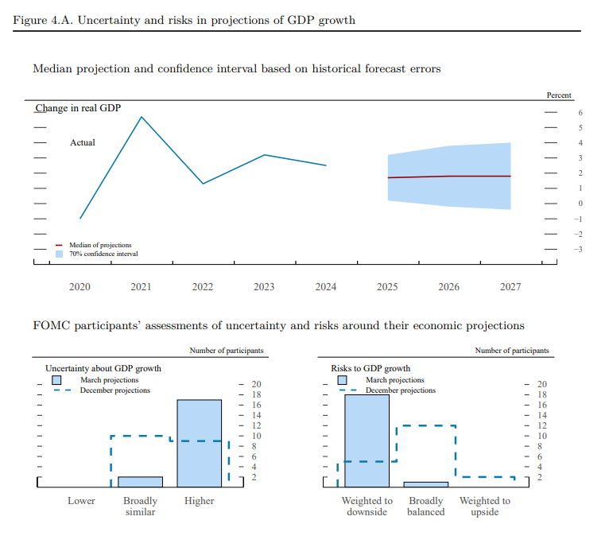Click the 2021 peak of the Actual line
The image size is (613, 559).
(x=141, y=118)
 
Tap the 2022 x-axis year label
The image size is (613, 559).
(x=203, y=287)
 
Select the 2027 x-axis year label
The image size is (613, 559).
(x=510, y=287)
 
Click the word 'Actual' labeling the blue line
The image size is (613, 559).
(x=83, y=143)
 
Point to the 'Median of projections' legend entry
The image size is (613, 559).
(x=100, y=245)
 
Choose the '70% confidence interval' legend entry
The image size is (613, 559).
(x=103, y=254)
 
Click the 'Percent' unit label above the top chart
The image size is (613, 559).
(x=558, y=95)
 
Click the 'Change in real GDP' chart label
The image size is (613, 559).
(x=78, y=108)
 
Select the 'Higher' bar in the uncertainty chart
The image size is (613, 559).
(x=199, y=443)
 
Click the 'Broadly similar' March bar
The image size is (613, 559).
(x=140, y=482)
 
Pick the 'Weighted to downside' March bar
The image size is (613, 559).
(x=367, y=440)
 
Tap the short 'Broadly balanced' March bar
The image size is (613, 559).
(x=425, y=483)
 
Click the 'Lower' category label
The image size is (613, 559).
(x=81, y=501)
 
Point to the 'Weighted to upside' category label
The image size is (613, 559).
(x=484, y=507)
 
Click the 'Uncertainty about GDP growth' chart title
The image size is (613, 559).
(x=103, y=369)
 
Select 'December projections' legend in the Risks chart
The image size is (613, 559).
(x=400, y=390)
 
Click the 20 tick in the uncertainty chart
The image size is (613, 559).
(x=256, y=385)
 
